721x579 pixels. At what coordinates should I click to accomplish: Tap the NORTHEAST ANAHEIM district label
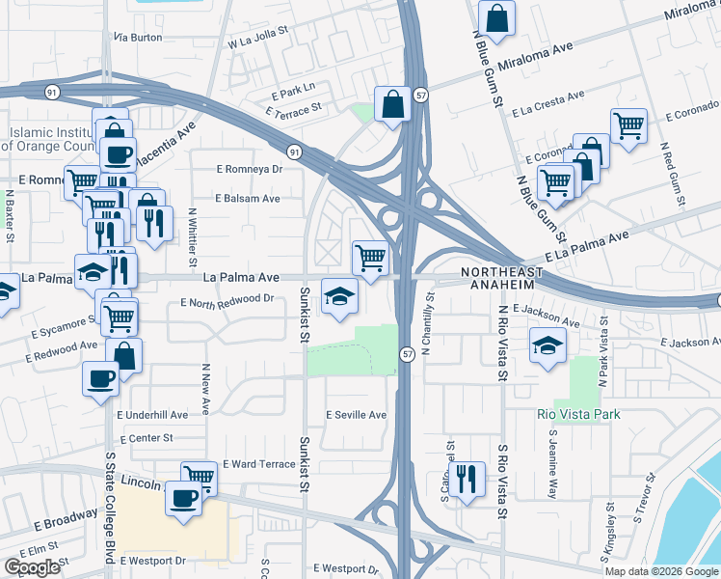point(496,277)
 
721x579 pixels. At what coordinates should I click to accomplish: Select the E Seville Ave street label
point(356,415)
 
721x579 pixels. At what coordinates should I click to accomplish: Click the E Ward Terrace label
point(258,464)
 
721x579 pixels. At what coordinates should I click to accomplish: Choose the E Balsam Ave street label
point(248,198)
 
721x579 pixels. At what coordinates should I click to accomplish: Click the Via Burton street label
point(138,37)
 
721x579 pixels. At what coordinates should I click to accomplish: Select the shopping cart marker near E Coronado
point(628,125)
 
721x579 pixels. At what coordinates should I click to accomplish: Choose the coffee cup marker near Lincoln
point(183,500)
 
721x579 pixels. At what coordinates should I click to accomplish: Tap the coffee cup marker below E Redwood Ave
point(99,377)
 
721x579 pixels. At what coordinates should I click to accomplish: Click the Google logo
point(33,567)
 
